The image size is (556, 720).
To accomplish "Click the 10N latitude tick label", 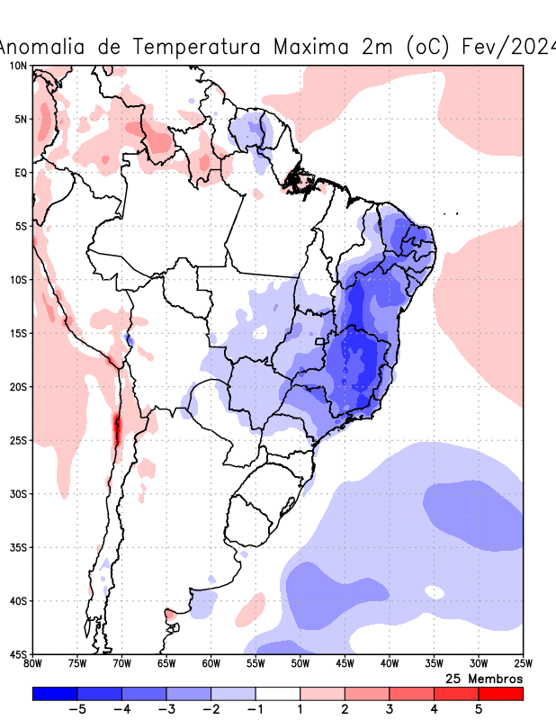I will coord(18,66).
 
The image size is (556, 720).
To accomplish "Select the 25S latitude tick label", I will coord(18,440).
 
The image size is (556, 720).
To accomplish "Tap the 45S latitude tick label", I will coord(18,654).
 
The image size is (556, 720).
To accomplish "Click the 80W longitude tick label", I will coord(32,664).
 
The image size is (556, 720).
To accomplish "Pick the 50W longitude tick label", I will coord(300,664).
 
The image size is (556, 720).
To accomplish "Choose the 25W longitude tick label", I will coord(522,664).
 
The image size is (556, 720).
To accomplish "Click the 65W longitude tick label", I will coord(166,664).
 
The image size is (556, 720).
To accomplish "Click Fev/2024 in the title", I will coord(507,46).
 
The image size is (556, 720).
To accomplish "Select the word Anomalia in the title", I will coord(45,46).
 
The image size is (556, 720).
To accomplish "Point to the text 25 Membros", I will coord(484,678).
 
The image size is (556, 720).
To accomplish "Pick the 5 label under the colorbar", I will coord(479,709).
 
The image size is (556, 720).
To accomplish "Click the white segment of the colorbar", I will coord(278,694).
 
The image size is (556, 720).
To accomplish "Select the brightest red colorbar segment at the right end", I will coord(501,694).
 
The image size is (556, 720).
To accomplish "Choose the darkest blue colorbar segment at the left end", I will coord(54,694).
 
